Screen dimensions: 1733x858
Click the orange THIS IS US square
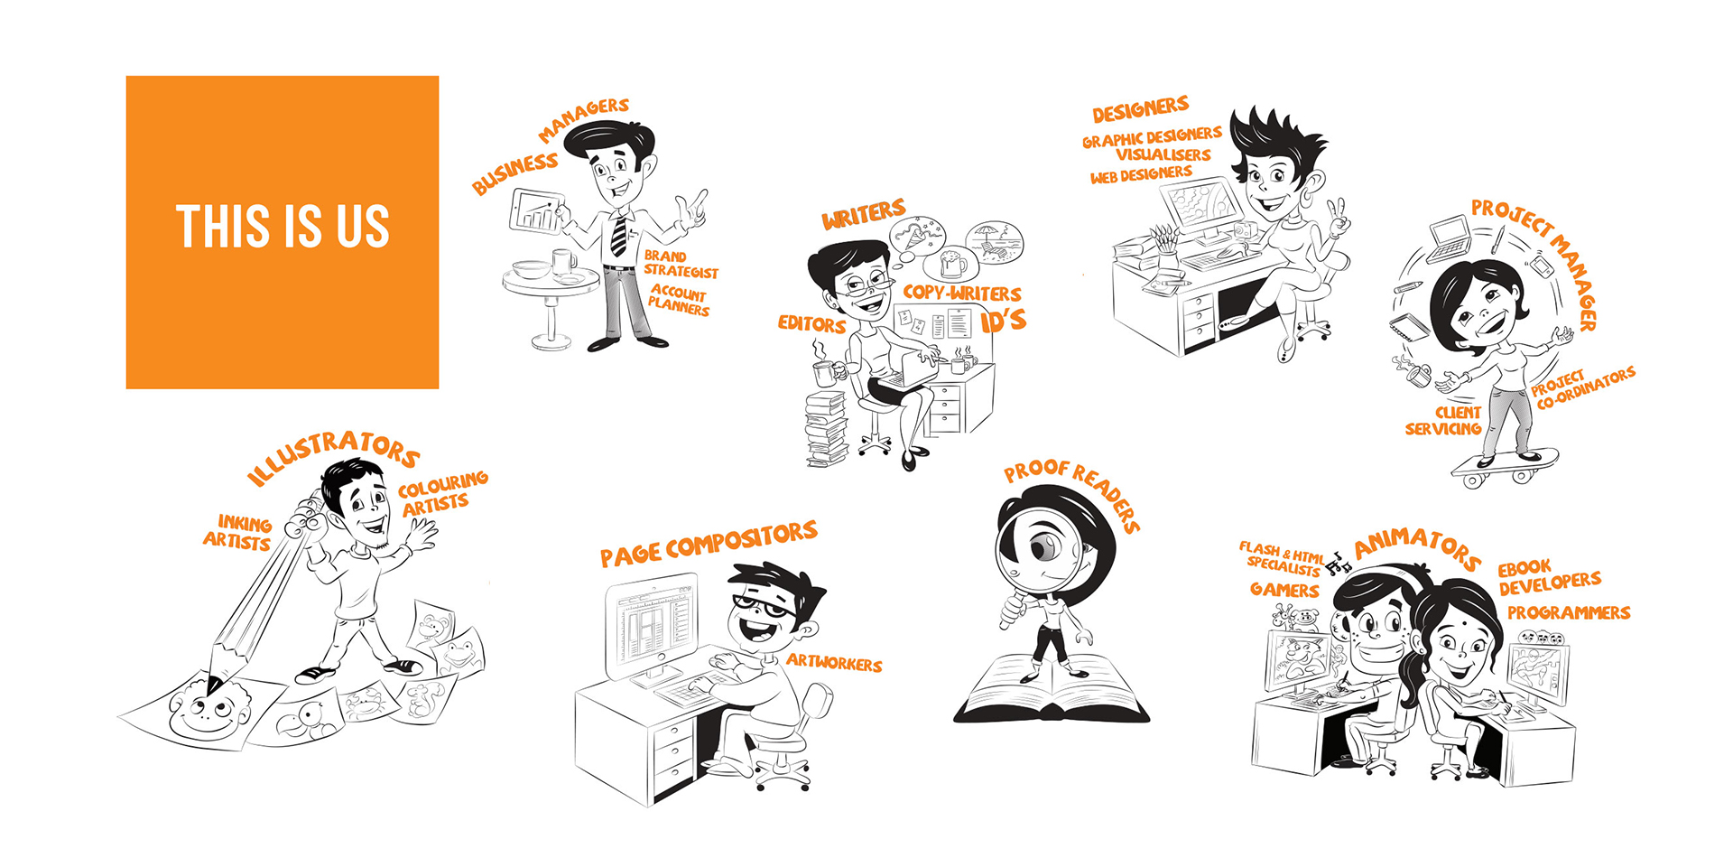283,232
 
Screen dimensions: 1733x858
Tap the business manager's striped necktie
618,235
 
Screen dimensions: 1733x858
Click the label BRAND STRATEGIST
680,264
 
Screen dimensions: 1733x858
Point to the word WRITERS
863,215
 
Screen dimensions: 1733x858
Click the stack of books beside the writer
826,430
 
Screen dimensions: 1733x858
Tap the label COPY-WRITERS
962,293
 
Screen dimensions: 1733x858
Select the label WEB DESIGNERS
1141,174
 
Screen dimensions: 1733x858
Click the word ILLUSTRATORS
332,456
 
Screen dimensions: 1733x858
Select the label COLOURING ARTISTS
442,493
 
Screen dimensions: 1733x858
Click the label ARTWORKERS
834,663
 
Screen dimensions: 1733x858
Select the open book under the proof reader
1052,690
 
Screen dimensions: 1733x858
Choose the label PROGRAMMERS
1569,612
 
